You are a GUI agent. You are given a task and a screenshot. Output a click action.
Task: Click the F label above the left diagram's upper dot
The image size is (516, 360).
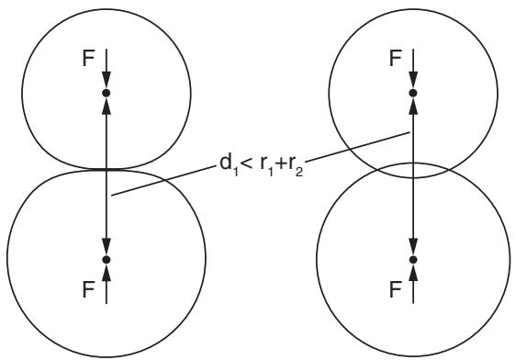tap(88, 58)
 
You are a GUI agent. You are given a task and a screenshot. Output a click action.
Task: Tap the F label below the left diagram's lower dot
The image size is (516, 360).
tap(88, 289)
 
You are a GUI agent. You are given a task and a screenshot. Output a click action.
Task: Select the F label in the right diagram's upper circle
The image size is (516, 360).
tap(395, 58)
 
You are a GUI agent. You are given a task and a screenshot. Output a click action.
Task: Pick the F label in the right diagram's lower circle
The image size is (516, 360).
tap(395, 289)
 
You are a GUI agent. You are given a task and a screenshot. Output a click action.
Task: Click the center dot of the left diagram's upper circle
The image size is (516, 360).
tap(106, 93)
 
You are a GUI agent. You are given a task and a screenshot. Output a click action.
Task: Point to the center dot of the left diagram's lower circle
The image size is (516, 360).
tap(106, 260)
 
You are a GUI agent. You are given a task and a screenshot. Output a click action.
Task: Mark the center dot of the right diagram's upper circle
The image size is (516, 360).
tap(413, 93)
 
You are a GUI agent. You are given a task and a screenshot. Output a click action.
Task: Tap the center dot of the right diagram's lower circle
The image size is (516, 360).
tap(413, 260)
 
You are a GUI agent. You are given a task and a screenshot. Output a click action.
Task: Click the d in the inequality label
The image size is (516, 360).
tap(225, 163)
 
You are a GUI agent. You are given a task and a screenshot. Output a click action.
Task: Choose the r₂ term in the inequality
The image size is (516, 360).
tap(296, 166)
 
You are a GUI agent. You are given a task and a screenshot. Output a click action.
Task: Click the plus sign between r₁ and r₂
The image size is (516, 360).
tap(282, 163)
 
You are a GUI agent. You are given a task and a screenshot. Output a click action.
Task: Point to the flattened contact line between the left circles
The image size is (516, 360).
tap(106, 170)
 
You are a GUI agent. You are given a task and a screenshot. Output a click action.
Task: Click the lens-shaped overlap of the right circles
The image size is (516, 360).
tap(413, 171)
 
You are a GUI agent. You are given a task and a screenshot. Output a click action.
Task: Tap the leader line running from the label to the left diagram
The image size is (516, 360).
tap(163, 181)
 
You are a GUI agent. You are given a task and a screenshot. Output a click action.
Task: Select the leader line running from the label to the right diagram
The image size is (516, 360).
tap(358, 146)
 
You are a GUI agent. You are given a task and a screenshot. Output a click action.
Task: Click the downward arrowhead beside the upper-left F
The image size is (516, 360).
tap(106, 79)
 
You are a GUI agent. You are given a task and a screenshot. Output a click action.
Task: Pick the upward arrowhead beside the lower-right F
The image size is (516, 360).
tap(413, 273)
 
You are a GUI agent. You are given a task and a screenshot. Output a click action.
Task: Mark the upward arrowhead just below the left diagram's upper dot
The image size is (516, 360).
tap(106, 107)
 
